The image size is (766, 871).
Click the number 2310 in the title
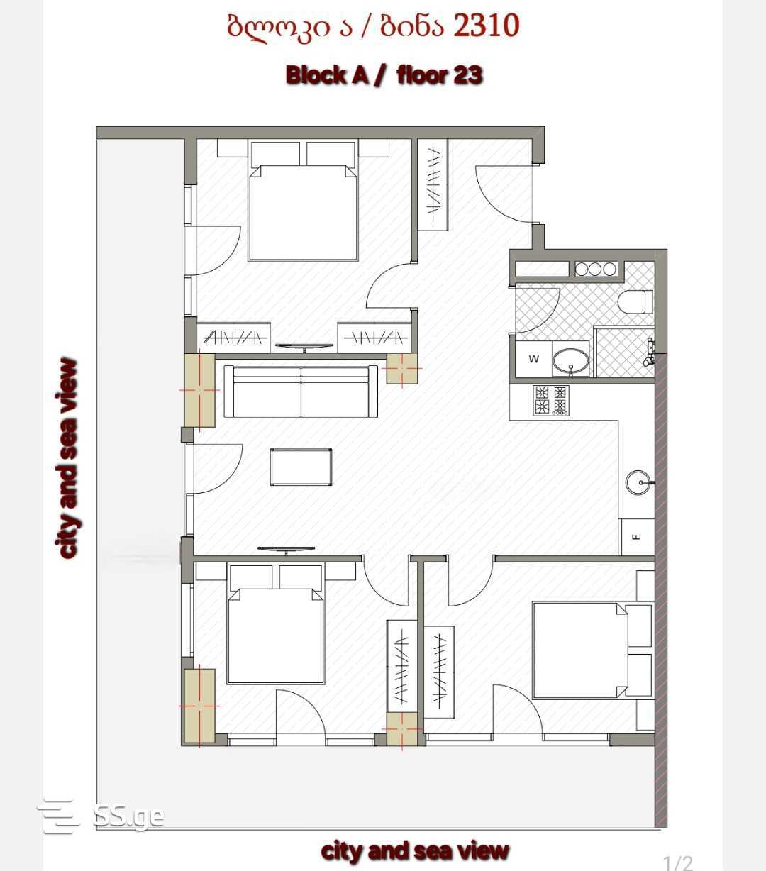[x=486, y=26]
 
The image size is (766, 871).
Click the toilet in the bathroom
[x=635, y=301]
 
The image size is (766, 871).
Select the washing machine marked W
[x=533, y=359]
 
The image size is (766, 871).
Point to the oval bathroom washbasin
[x=570, y=360]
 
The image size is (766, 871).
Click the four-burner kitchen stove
[x=551, y=401]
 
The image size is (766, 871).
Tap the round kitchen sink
[x=638, y=482]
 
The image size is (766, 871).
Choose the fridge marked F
[x=637, y=536]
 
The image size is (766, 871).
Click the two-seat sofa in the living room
[x=301, y=392]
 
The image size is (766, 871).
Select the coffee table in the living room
[x=301, y=467]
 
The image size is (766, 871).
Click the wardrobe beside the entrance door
[x=433, y=185]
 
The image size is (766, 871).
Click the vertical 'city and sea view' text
[x=67, y=458]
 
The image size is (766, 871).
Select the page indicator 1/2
[x=677, y=862]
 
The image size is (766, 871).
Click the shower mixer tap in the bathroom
[x=649, y=352]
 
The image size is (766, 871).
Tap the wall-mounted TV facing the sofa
[x=286, y=549]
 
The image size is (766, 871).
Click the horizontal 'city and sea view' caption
[x=415, y=850]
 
